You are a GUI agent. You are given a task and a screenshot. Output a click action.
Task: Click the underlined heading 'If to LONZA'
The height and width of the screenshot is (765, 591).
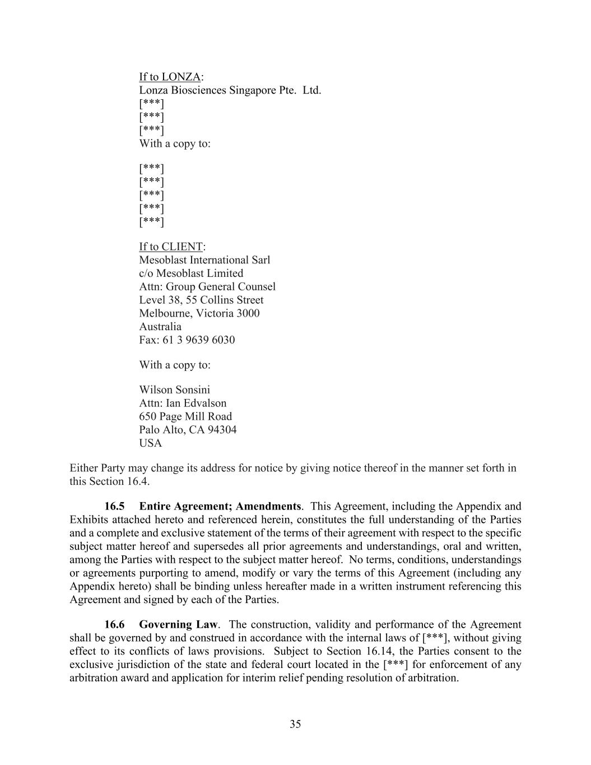click(170, 77)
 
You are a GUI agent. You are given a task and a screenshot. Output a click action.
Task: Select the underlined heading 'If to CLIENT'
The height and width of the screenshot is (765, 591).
click(171, 247)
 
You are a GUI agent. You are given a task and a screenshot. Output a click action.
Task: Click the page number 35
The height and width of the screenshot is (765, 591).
click(295, 724)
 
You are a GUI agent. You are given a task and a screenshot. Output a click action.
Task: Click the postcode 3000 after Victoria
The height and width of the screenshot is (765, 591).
click(248, 313)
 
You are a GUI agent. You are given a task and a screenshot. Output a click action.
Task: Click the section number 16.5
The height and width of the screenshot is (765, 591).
click(114, 506)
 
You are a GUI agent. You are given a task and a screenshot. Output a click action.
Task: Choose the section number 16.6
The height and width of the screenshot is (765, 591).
click(114, 624)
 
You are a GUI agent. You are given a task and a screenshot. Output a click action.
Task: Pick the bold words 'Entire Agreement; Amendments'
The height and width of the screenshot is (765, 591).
click(220, 506)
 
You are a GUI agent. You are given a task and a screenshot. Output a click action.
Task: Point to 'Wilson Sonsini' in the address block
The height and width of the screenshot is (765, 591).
click(174, 390)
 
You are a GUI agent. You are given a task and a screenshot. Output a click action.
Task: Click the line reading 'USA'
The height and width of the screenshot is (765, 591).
click(150, 443)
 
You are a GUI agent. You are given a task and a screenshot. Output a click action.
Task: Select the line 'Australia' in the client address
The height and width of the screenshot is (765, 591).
click(160, 327)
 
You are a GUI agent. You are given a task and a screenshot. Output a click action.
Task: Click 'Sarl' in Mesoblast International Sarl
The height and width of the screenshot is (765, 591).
click(260, 260)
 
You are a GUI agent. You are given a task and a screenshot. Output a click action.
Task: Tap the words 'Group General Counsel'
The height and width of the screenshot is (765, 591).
click(221, 287)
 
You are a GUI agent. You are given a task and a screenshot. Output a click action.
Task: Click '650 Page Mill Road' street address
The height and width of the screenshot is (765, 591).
click(185, 416)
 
